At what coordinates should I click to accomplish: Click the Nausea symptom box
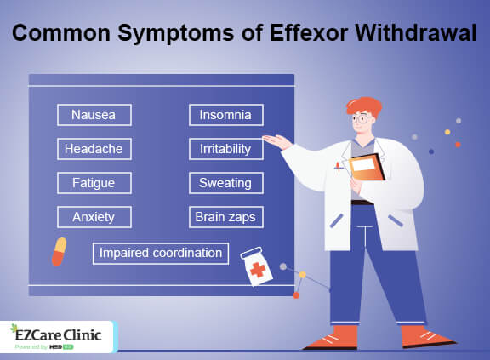94,115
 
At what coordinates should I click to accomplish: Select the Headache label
94,149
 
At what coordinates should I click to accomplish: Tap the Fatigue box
94,182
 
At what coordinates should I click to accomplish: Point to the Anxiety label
94,216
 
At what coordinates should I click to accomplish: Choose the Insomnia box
225,115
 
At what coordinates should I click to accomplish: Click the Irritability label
225,149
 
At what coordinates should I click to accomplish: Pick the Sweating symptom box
225,182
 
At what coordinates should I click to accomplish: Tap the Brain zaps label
225,216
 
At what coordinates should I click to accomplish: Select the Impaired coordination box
160,253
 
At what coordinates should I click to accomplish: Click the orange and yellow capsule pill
60,251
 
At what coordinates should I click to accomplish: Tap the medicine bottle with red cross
256,266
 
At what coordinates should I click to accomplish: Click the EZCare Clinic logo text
58,334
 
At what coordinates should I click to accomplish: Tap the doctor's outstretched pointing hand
275,139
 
